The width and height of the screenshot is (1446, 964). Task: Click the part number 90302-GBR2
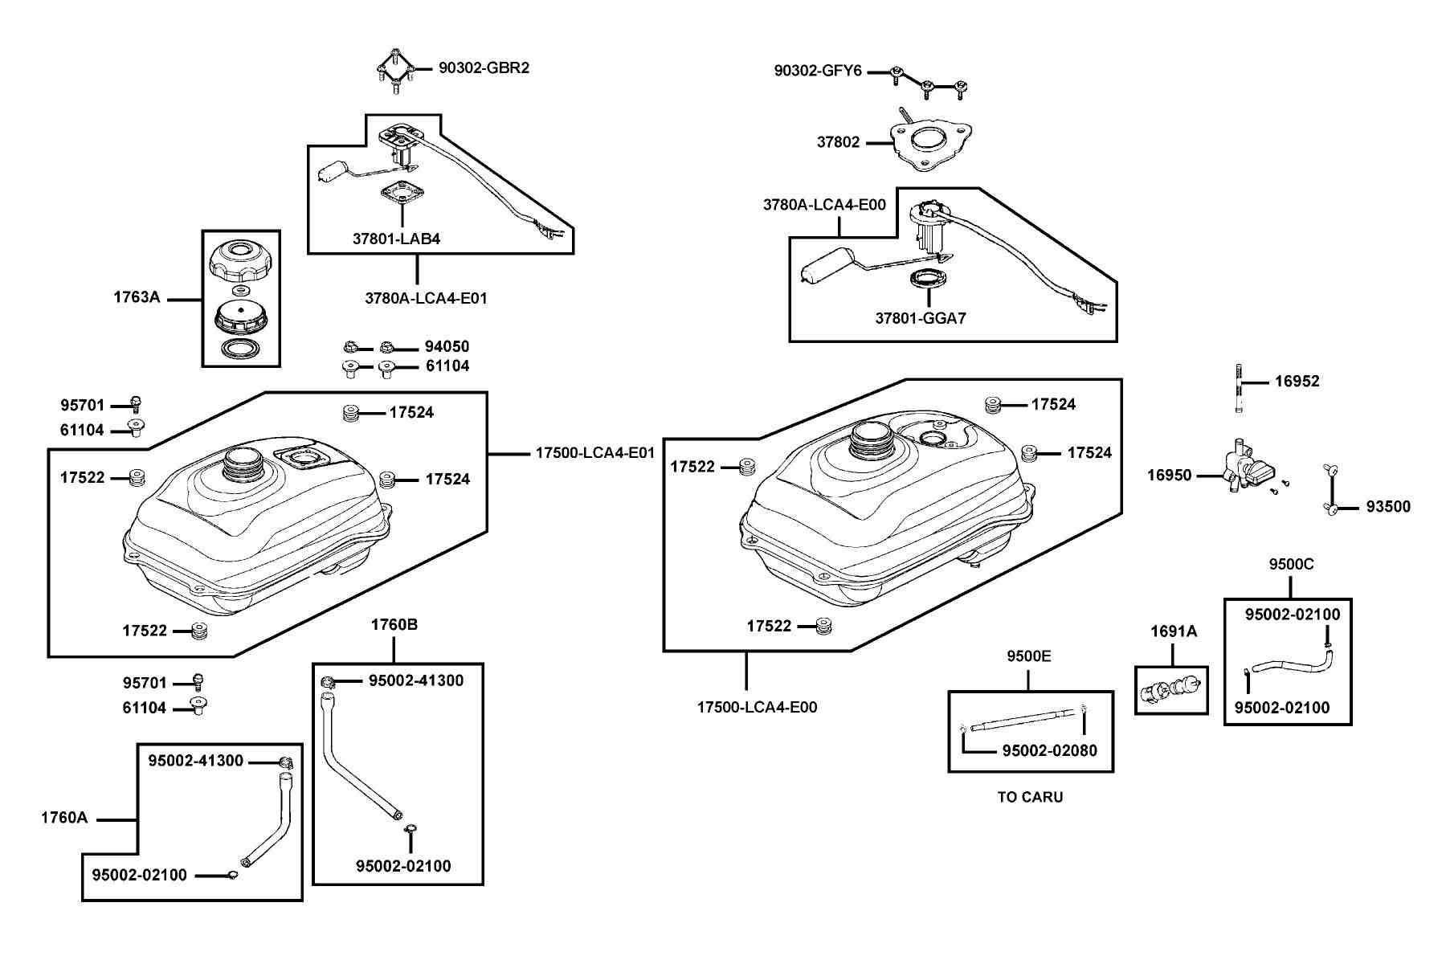(484, 68)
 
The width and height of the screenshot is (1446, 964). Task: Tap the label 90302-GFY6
(818, 71)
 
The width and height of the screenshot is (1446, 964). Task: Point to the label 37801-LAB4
(396, 239)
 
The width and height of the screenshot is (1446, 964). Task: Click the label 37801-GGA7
(921, 318)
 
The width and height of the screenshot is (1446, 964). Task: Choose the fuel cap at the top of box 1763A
(241, 260)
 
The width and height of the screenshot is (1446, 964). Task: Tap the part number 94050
(447, 347)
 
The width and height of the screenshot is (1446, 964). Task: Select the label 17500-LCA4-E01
(595, 453)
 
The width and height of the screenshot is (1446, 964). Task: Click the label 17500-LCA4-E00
(757, 708)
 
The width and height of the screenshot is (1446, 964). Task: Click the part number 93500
(1388, 507)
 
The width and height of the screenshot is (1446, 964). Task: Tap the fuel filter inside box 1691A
(1172, 689)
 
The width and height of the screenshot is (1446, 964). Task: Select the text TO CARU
(1030, 798)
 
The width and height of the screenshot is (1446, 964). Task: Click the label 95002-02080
(1049, 751)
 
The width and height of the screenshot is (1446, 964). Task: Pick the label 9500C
(1291, 565)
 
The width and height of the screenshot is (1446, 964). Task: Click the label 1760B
(394, 625)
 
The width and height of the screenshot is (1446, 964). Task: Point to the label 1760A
(64, 819)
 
